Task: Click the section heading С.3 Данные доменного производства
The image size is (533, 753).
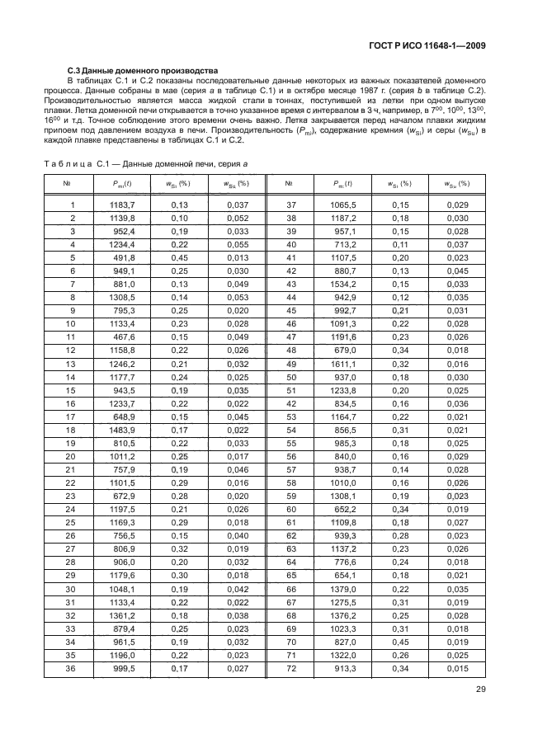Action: point(142,72)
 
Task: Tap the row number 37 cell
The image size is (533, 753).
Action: point(290,205)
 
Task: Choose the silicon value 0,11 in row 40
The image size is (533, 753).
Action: point(400,244)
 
